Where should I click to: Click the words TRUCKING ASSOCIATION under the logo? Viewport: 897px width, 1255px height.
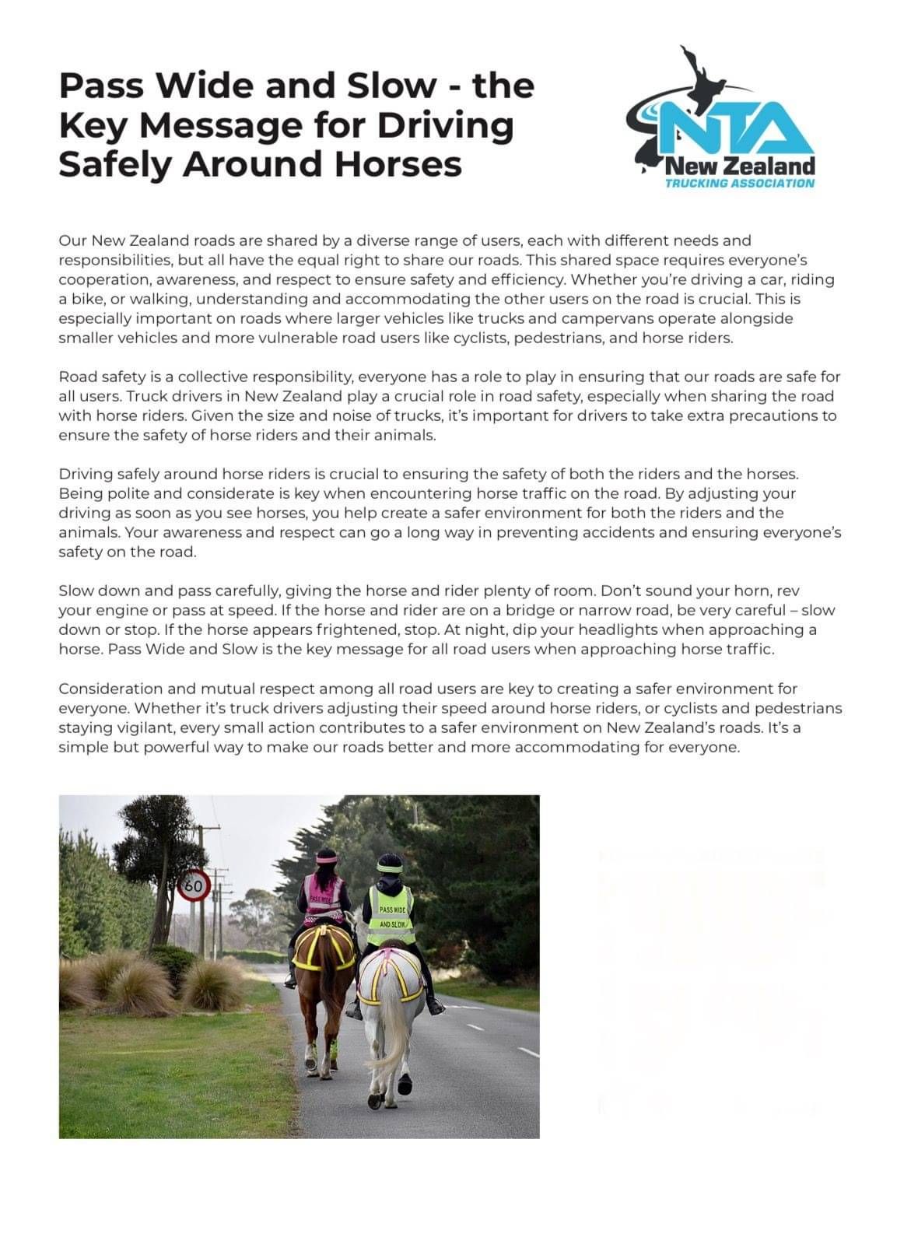coord(739,183)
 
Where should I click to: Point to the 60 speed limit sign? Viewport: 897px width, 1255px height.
coord(194,885)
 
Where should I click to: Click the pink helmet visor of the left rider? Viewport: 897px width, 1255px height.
coord(326,860)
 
